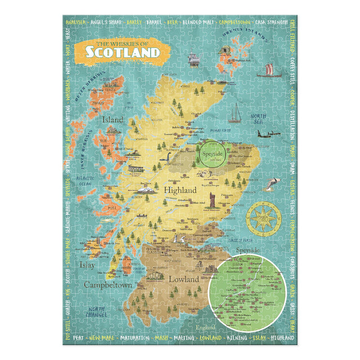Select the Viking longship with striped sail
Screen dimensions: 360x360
point(268,71)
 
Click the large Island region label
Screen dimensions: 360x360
point(112,119)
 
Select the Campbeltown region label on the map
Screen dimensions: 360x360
point(108,285)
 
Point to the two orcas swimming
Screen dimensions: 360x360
point(272,183)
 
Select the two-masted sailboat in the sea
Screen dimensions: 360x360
point(236,112)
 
